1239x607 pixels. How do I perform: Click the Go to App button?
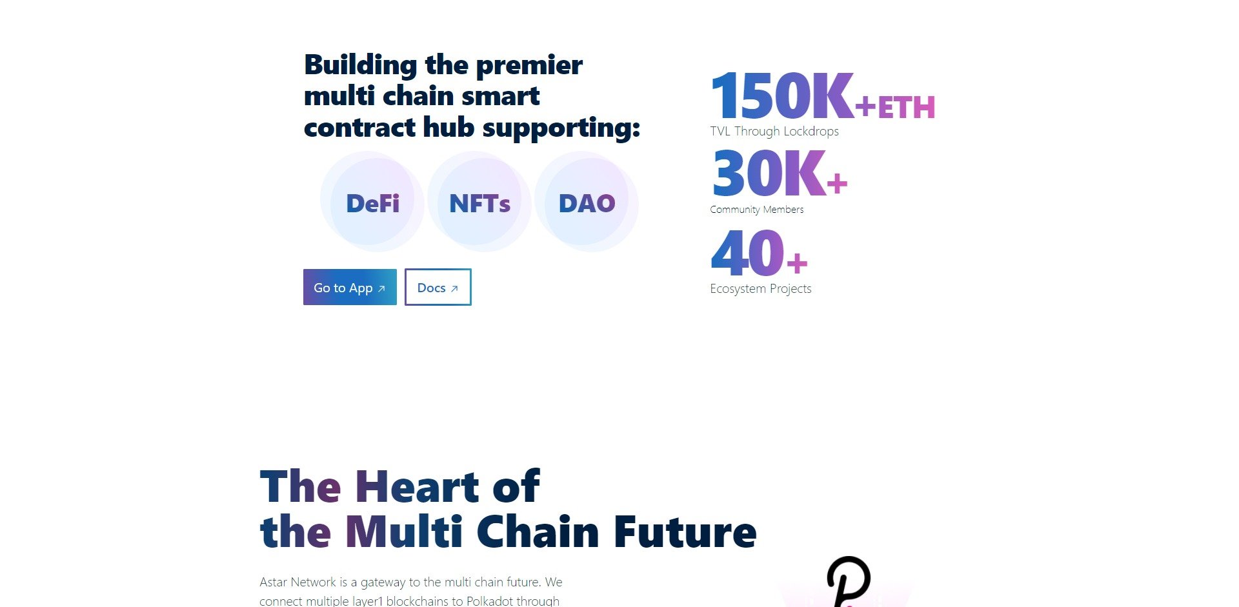click(350, 287)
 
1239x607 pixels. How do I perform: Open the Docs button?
click(438, 287)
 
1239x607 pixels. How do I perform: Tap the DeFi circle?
click(372, 202)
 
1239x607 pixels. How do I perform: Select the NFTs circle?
click(479, 202)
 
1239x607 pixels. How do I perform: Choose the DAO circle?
click(587, 202)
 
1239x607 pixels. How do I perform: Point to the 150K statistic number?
click(782, 96)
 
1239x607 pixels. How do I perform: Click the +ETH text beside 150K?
click(895, 107)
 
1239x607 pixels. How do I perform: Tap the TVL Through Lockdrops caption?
click(774, 131)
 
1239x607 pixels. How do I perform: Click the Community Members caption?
click(757, 210)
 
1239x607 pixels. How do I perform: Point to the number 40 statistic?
click(747, 252)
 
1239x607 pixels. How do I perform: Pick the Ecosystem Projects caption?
click(761, 288)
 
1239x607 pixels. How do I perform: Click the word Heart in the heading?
click(417, 486)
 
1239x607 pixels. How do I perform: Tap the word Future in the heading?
click(685, 532)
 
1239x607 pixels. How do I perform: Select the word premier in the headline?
click(529, 65)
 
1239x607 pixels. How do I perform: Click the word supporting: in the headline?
click(561, 128)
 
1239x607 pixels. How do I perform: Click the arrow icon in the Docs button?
click(454, 288)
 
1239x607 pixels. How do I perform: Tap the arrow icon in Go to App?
click(381, 288)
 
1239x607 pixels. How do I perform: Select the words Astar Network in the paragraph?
click(298, 582)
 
